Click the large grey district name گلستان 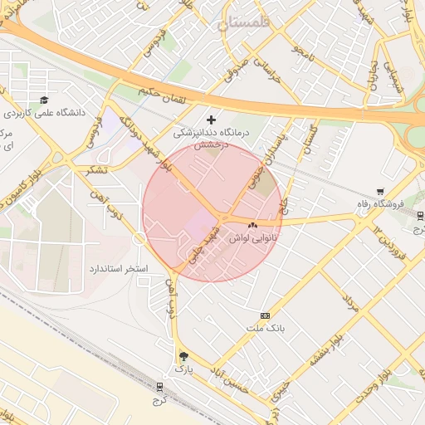[247, 25]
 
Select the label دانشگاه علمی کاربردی [41, 112]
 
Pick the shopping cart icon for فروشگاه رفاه [380, 192]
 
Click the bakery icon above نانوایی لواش [252, 224]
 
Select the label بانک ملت [265, 328]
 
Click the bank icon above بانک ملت [265, 315]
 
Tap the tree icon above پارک [183, 356]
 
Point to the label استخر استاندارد [118, 270]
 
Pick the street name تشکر [98, 170]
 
